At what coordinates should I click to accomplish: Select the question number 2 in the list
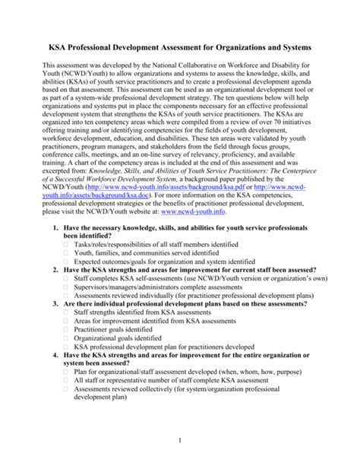coord(48,293)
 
